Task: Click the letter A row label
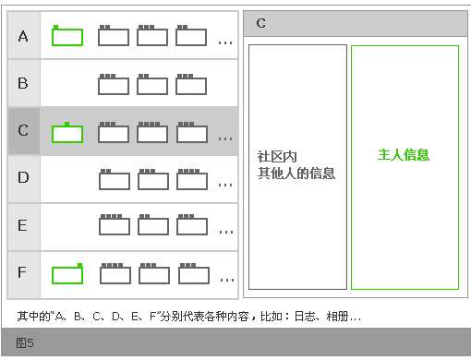click(23, 36)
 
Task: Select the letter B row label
click(23, 83)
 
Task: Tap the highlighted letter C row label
click(23, 130)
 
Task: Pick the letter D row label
click(23, 177)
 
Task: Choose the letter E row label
click(23, 225)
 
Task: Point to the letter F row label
click(23, 272)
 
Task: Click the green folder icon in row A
click(67, 36)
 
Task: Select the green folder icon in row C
click(67, 133)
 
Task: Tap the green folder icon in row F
click(67, 274)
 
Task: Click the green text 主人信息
click(404, 155)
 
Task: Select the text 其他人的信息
click(296, 173)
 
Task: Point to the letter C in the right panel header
click(261, 23)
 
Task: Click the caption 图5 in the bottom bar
click(25, 343)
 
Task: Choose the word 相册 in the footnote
click(335, 316)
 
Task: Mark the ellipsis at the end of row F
click(225, 279)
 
